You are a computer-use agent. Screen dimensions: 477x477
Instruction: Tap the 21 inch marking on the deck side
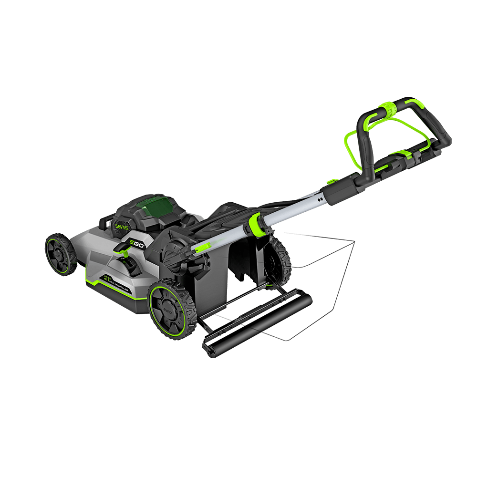[107, 279]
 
